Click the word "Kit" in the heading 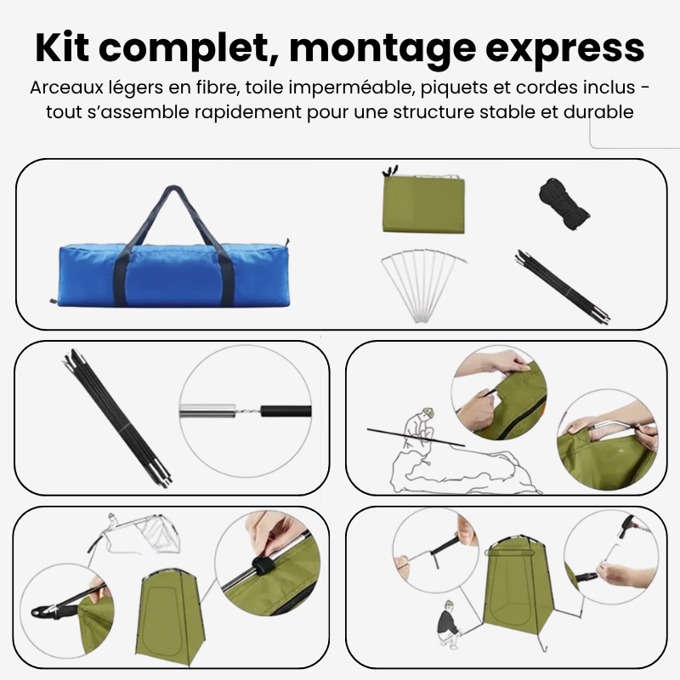62,48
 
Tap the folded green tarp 422,203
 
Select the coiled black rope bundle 564,203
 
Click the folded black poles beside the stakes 562,286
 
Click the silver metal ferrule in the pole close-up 207,411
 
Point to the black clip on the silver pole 261,567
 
